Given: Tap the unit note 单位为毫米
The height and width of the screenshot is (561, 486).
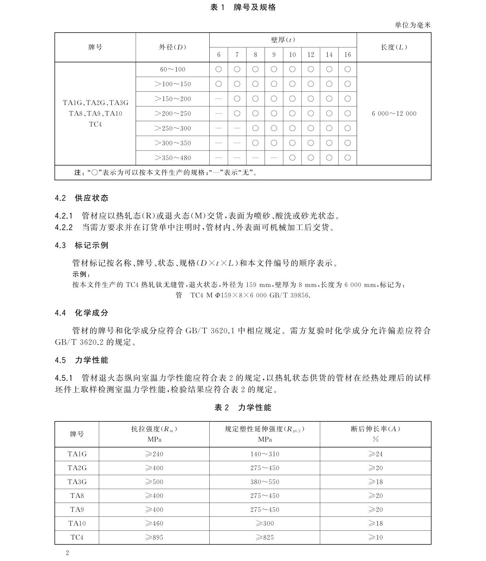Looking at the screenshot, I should pos(412,25).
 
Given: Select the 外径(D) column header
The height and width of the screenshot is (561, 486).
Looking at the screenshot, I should pos(172,47).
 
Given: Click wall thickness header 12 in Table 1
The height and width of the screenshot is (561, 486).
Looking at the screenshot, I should pos(311,55).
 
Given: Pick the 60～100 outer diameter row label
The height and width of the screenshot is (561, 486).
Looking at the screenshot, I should pos(172,69).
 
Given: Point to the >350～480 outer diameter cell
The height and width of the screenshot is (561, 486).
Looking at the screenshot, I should pos(172,158).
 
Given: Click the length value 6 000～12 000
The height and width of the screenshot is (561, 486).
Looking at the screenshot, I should pos(394,114).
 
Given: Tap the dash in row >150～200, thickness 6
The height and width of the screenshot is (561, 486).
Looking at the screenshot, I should pos(219,99).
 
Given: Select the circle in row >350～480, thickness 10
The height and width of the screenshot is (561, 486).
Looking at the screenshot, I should pos(292,158).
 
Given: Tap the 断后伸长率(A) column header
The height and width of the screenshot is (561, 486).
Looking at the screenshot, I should pos(375,429).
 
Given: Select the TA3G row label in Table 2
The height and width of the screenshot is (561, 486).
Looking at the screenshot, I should pos(77,482).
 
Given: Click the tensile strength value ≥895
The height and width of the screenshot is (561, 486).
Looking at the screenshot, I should pos(154,537).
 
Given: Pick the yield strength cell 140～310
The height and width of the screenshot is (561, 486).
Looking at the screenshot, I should pos(265,454).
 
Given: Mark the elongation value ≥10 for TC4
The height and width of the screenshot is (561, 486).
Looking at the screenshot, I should pos(375,537).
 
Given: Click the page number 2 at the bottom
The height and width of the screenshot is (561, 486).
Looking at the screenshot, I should pos(67,553).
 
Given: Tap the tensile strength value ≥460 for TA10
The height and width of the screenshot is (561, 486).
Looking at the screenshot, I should pos(154,523).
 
